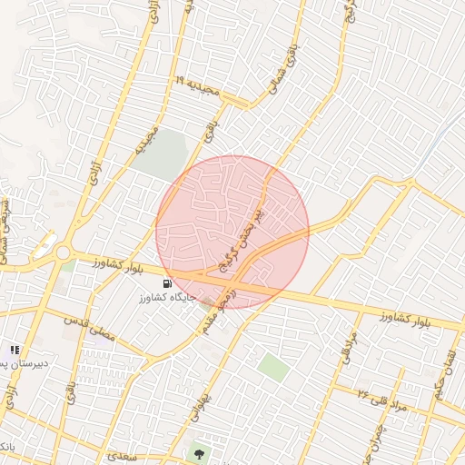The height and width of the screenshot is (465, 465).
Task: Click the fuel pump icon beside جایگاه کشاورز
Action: pyautogui.click(x=167, y=283)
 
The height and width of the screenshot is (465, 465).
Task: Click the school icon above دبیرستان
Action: pyautogui.click(x=15, y=350)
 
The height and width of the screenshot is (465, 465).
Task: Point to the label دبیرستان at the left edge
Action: pyautogui.click(x=22, y=363)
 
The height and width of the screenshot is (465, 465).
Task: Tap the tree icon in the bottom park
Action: pyautogui.click(x=198, y=452)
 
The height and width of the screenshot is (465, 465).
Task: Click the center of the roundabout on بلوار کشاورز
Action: pyautogui.click(x=64, y=252)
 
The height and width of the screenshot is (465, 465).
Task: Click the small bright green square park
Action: pyautogui.click(x=272, y=367)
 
